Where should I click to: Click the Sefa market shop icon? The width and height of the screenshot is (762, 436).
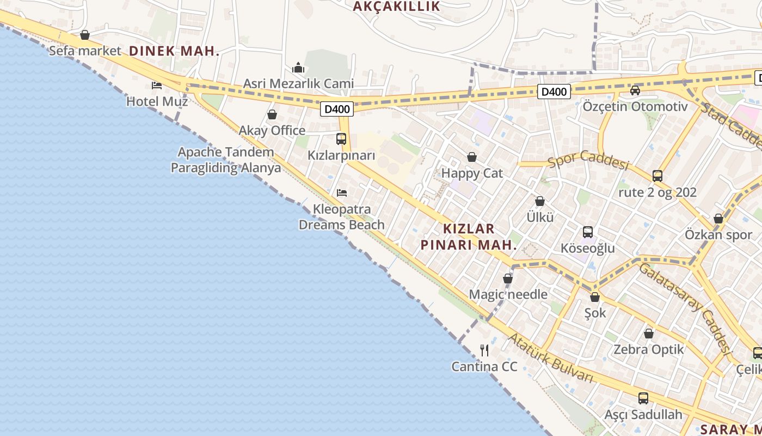pos(85,35)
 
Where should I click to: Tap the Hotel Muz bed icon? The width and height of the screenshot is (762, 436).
pos(157,86)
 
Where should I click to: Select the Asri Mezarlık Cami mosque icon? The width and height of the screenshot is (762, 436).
pos(298,68)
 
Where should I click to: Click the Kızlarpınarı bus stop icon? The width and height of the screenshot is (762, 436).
pos(341,139)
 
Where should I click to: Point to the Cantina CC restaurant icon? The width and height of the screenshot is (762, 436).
pos(484,350)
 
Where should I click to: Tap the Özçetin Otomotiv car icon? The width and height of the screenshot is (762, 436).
pos(635,90)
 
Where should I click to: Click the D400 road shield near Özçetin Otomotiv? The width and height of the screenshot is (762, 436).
pos(554,92)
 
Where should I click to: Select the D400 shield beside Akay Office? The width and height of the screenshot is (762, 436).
pos(337,109)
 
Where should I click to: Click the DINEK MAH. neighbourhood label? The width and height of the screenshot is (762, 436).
pos(174,51)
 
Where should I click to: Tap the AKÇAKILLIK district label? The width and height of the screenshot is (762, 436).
pos(396,7)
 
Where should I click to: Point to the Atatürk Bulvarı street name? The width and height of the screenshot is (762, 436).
pos(550,358)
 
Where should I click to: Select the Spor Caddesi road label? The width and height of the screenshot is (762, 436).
pos(588,160)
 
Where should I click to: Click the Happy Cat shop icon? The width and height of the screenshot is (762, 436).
pos(472,158)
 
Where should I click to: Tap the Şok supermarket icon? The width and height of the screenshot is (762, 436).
pos(595,298)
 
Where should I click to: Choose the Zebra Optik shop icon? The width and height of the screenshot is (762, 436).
pos(649,334)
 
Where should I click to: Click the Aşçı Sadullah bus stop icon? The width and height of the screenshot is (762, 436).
pos(643,398)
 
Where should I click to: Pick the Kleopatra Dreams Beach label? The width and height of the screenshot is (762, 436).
pos(342,217)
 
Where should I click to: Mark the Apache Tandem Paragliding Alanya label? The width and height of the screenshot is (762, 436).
pos(226,160)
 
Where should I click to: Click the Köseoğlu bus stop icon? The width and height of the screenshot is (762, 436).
pos(588,232)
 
